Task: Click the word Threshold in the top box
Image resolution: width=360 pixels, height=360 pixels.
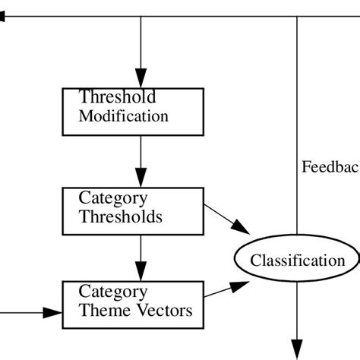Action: (118, 97)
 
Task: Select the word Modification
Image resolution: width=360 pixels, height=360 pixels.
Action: (123, 116)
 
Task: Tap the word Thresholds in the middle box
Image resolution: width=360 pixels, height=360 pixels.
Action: (121, 216)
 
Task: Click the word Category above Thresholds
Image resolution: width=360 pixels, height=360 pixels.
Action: (113, 198)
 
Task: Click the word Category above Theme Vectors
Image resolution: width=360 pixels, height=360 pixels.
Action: (113, 292)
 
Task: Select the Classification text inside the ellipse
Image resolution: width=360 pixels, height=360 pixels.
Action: (298, 261)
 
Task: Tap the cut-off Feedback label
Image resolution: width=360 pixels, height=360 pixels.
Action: (330, 167)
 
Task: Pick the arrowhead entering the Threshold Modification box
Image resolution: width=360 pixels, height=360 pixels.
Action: (141, 80)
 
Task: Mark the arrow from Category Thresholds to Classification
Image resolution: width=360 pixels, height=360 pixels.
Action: (227, 217)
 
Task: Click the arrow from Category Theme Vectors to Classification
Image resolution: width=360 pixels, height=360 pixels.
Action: (228, 290)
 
